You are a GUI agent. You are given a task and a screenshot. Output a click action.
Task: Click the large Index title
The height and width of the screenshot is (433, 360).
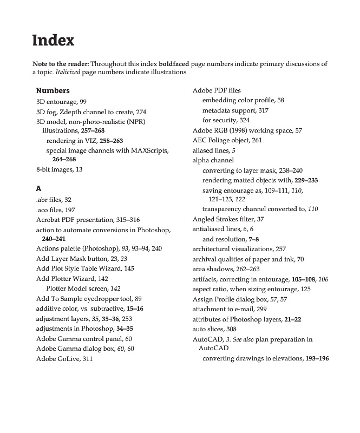tap(53, 41)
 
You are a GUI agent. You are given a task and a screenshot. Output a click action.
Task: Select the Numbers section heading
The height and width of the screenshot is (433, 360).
tap(53, 90)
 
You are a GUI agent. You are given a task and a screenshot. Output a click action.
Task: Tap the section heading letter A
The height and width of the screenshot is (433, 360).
tap(38, 188)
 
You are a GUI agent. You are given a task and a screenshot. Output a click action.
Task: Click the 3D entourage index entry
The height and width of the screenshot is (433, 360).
tap(61, 101)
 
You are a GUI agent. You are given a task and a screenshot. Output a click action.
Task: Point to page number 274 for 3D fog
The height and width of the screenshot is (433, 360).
tap(141, 111)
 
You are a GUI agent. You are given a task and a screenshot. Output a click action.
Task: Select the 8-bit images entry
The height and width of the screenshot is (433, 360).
tap(59, 169)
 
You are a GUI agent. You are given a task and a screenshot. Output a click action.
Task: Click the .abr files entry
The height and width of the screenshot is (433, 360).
tap(54, 199)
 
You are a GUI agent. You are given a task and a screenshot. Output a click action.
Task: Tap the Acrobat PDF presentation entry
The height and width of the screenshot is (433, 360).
tap(88, 219)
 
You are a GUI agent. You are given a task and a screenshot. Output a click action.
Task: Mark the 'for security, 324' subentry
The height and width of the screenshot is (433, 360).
tap(226, 120)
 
